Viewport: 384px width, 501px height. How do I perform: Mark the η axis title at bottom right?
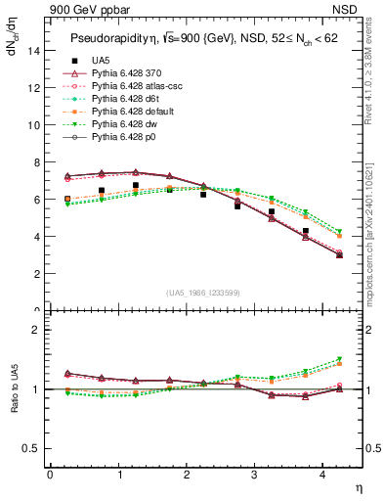click(x=359, y=488)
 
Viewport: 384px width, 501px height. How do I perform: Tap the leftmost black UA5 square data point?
click(x=66, y=199)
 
